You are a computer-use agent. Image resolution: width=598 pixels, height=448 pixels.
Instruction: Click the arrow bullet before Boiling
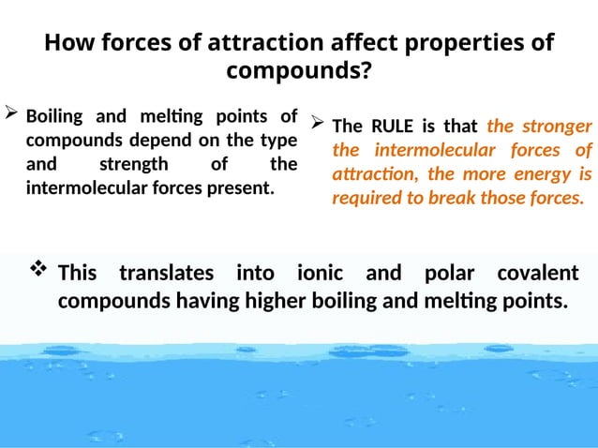pos(12,116)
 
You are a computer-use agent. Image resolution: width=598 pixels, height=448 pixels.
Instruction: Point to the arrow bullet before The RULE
pos(318,124)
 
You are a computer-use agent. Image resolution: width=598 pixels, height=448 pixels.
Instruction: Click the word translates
pos(166,273)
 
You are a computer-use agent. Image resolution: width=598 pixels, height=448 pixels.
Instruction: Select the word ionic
pos(320,273)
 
